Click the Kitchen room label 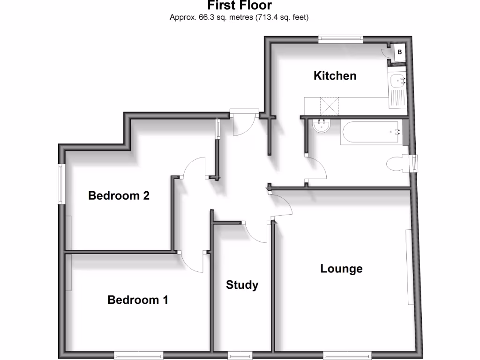coord(335,75)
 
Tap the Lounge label coord(341,269)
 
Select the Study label coord(242,285)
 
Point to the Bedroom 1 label coord(138,300)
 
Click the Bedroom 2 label coord(119,195)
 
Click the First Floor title coord(240,6)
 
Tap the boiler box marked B coord(399,52)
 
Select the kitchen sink coord(398,82)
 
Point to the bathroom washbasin coord(322,126)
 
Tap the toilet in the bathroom coord(397,164)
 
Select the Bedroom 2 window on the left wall coord(61,183)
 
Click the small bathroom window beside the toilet coord(413,163)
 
